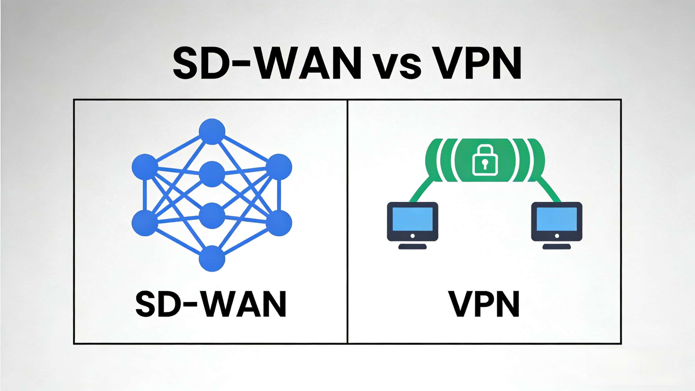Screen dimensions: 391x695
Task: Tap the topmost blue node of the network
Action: tap(212, 131)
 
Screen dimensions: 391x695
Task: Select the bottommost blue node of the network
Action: tap(212, 258)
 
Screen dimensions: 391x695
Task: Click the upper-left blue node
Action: tap(145, 167)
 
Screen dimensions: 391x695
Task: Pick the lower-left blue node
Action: tap(145, 223)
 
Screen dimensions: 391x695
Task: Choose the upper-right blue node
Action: tap(279, 167)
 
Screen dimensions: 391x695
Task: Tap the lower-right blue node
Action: tap(279, 223)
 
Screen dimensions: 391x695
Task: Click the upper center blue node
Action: tap(212, 174)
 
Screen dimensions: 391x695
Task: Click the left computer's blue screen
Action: tap(412, 219)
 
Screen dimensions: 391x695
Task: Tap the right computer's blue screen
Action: tap(557, 219)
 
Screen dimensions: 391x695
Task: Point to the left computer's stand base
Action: tap(412, 247)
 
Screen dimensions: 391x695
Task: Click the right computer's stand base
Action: tap(557, 247)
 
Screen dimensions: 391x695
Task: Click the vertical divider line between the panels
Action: tap(347, 221)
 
